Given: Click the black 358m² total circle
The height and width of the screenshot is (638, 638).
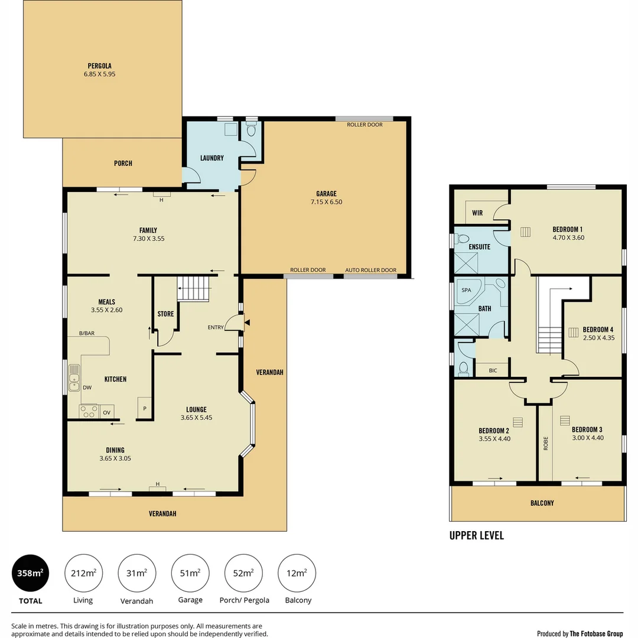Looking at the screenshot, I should coord(31,573).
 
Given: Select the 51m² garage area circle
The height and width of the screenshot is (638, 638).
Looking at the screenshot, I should coord(190,573).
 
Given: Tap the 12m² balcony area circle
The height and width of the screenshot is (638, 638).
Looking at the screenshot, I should coord(297,573).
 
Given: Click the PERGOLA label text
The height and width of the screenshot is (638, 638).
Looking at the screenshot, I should coord(99,66).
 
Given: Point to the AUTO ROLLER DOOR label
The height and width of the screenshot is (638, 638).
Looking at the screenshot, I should coord(371,270).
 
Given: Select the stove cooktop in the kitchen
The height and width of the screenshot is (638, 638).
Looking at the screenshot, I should coord(89,411).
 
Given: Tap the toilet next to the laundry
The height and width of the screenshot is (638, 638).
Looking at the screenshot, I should coord(251,129).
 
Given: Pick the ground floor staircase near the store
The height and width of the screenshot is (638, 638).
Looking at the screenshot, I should coord(194,289).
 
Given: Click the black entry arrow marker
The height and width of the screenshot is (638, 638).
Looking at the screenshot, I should coord(248,322).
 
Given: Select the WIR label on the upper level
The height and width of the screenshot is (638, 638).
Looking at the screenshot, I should coord(477,213).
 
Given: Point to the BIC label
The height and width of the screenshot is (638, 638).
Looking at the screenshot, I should coord(494,370).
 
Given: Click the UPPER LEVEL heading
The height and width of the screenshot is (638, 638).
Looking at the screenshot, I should coord(476,536).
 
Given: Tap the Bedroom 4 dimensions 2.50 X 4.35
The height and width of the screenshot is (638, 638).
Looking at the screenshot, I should coord(598,338).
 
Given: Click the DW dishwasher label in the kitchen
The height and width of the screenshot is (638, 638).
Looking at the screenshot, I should coord(87,388).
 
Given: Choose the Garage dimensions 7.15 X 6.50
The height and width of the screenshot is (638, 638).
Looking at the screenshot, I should coord(326,202).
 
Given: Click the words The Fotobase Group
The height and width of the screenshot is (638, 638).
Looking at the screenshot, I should coord(595,634).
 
